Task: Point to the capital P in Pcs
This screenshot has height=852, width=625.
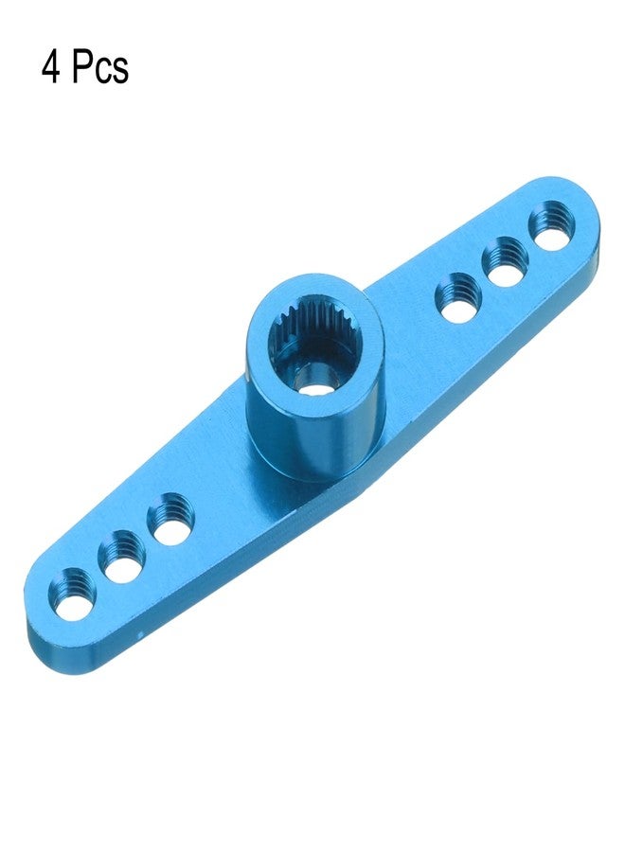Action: tap(82, 68)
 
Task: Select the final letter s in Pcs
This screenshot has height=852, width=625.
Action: tap(120, 72)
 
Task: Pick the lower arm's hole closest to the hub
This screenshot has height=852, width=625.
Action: tap(171, 516)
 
